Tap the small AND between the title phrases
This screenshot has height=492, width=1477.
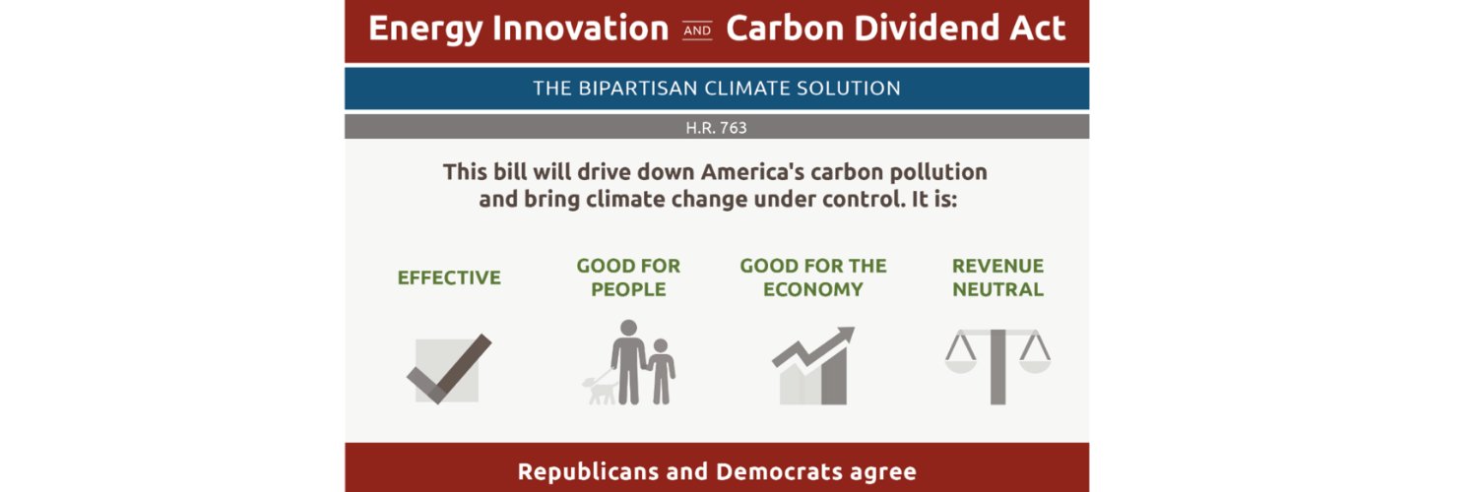(697, 31)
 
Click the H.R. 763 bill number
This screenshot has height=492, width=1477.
(716, 128)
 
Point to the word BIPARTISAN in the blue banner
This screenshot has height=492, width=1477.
(636, 89)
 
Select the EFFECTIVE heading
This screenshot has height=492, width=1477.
(449, 278)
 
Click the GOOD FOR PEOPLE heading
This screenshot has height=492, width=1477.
(628, 277)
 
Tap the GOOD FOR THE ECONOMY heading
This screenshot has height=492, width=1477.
(813, 277)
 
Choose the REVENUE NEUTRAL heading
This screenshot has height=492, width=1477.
(997, 277)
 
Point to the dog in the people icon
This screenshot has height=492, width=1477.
(600, 390)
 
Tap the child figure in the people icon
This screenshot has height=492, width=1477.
(661, 371)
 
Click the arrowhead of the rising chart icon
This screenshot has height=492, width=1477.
(844, 337)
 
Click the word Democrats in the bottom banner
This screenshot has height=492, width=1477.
(768, 471)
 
